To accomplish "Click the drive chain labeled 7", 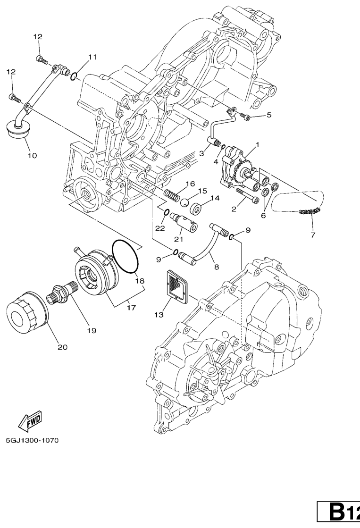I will click(x=310, y=212).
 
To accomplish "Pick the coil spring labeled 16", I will click(x=173, y=193).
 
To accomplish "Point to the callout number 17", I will click(x=131, y=308).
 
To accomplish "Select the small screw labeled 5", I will click(x=245, y=115).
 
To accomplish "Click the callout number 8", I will click(x=217, y=266).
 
